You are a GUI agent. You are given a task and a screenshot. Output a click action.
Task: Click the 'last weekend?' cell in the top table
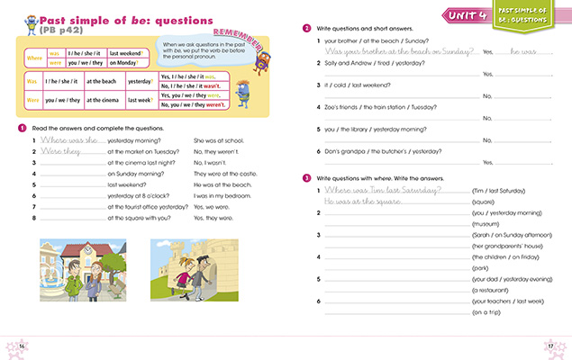tap(127, 52)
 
